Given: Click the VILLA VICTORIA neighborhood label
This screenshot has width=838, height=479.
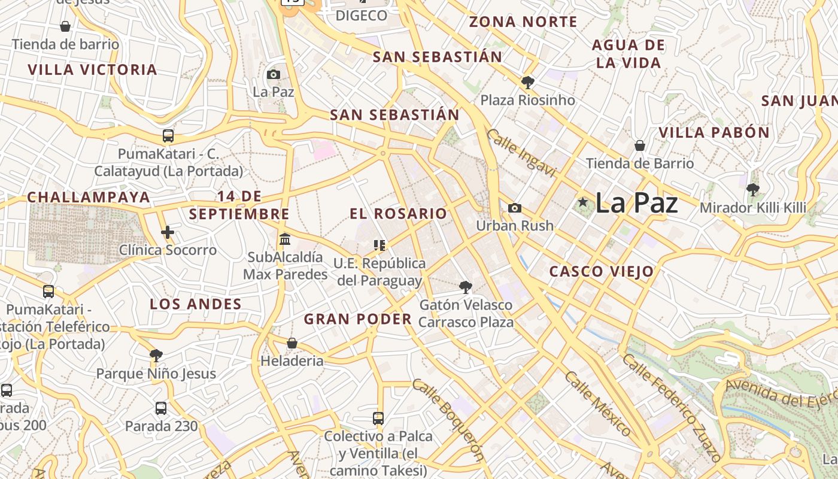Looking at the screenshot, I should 93,69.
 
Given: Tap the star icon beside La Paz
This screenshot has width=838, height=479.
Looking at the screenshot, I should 583,202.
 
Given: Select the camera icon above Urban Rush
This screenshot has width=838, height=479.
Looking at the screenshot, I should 514,208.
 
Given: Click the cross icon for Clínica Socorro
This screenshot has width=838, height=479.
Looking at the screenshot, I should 168,232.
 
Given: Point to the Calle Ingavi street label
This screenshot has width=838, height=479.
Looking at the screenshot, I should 521,153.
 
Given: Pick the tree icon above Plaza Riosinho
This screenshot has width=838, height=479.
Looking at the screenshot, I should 527,82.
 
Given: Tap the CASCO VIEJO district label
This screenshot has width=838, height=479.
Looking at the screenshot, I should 602,271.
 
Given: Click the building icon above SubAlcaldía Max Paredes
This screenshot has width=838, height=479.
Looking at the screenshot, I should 285,239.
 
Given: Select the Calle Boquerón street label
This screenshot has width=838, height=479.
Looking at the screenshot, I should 448,420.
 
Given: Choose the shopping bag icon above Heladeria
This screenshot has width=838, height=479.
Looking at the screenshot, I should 292,343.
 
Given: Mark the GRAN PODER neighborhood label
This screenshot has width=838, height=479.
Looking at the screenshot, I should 358,319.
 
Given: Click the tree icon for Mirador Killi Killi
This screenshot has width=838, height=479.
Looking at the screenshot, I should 753,190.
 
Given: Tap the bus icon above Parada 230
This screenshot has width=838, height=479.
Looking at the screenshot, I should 161,408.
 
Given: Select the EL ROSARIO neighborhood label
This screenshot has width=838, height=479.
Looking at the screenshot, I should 398,213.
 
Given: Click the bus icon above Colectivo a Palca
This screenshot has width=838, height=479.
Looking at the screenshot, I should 378,418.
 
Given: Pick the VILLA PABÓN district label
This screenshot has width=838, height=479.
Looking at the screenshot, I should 714,132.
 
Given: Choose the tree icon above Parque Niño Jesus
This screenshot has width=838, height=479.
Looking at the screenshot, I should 156,356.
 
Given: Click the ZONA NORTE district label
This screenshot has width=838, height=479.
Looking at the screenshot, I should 523,22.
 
